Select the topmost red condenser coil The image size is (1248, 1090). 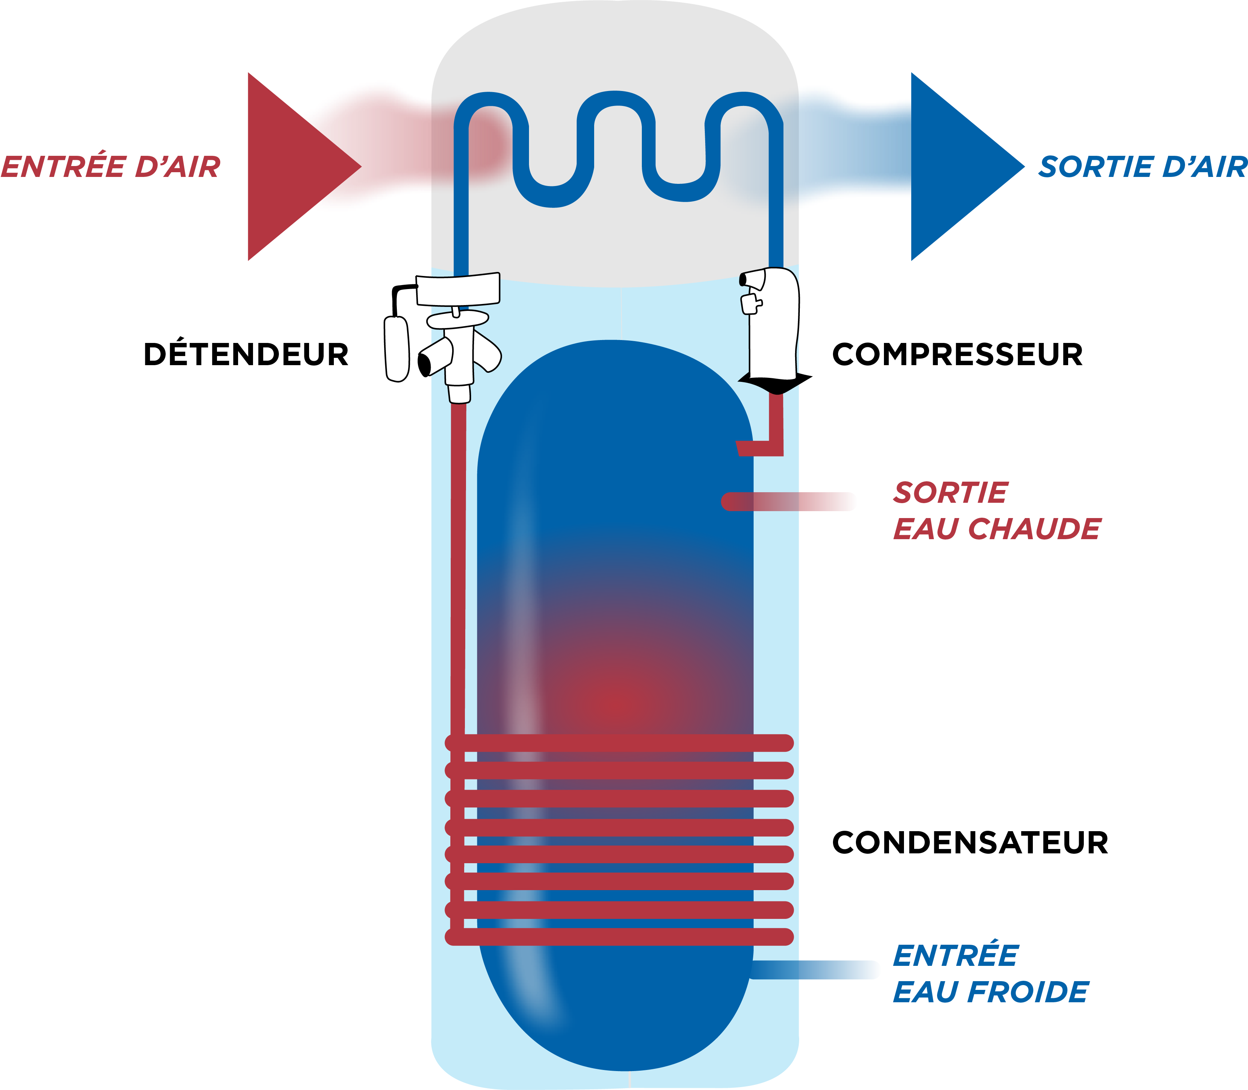coord(619,743)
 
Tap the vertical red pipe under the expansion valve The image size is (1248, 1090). coord(458,569)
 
